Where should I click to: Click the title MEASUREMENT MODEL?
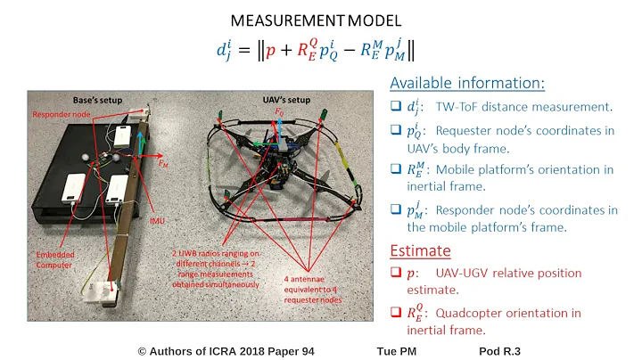320,19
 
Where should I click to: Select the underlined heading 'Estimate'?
420,251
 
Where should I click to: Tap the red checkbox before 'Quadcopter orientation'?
398,313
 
